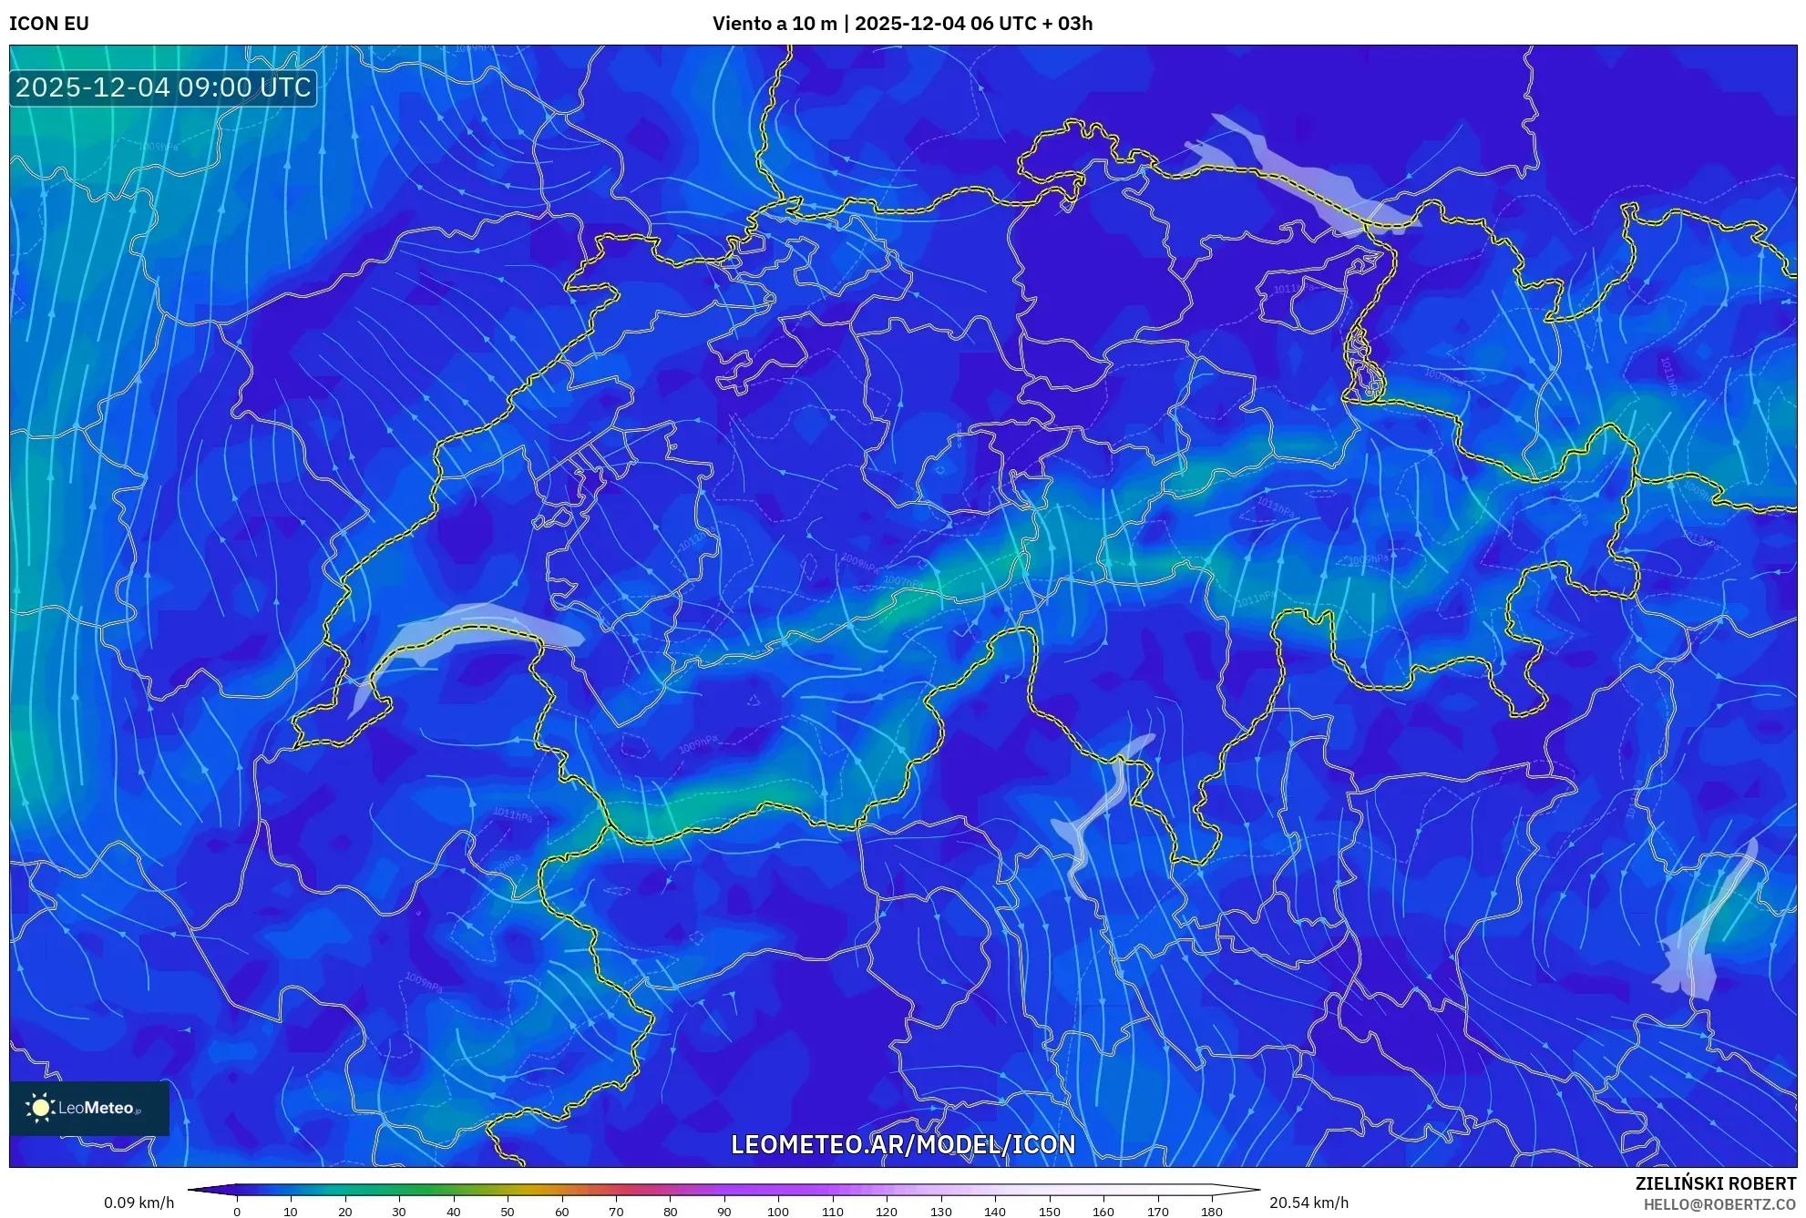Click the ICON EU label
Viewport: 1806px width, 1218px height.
(49, 24)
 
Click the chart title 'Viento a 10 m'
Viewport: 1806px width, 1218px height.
(774, 24)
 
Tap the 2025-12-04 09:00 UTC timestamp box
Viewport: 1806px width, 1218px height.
(163, 87)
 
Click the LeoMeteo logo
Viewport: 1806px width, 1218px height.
(89, 1108)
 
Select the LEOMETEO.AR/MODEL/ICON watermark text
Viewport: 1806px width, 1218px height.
(903, 1144)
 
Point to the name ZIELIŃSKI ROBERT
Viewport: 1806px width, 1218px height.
(1715, 1183)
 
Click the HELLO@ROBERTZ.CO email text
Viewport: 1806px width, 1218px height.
(1719, 1204)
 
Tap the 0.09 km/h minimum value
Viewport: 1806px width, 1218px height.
(139, 1203)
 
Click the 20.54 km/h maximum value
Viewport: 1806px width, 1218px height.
(1308, 1203)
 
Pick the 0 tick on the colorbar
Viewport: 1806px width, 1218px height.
(237, 1212)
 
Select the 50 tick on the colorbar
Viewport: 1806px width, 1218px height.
(508, 1212)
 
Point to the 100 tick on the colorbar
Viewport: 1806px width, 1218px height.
(778, 1212)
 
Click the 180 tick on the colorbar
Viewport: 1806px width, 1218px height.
(1211, 1212)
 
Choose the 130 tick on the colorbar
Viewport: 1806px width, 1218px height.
(940, 1212)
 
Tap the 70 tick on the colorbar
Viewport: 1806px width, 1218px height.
(616, 1212)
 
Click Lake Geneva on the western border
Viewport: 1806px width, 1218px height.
(474, 629)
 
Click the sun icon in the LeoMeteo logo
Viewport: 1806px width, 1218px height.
(40, 1108)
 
